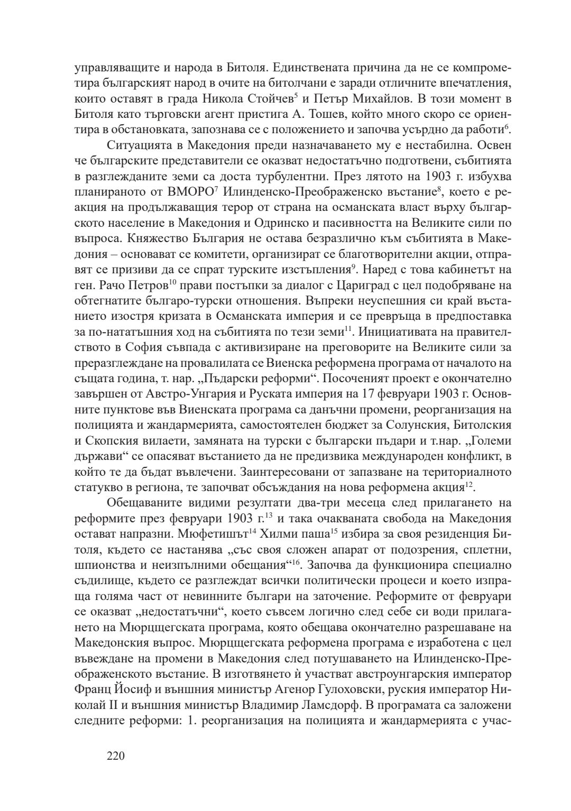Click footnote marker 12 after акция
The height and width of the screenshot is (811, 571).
(x=468, y=483)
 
